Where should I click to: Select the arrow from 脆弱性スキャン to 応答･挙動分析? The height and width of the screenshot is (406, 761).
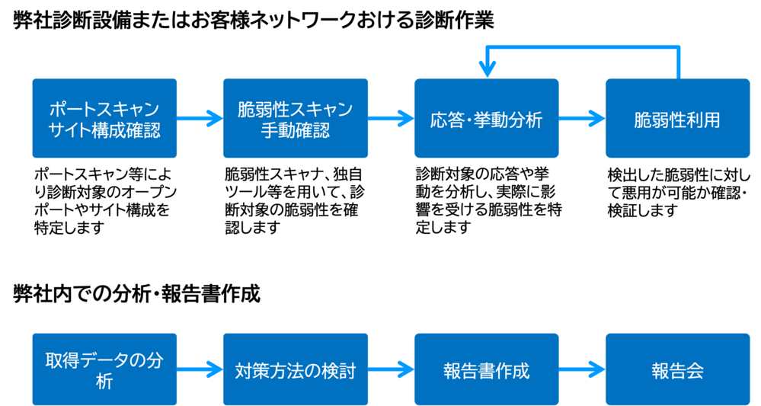pyautogui.click(x=391, y=118)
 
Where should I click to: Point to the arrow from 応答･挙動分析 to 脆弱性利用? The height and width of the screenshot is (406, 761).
pyautogui.click(x=582, y=118)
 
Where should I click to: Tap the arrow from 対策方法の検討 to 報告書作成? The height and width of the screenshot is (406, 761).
pyautogui.click(x=391, y=371)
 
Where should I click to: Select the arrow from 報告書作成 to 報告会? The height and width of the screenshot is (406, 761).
pyautogui.click(x=582, y=371)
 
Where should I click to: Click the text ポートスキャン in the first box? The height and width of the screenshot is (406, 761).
pyautogui.click(x=104, y=108)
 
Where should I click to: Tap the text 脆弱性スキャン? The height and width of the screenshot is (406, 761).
pyautogui.click(x=295, y=108)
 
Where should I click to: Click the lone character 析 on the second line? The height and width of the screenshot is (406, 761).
pyautogui.click(x=104, y=382)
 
